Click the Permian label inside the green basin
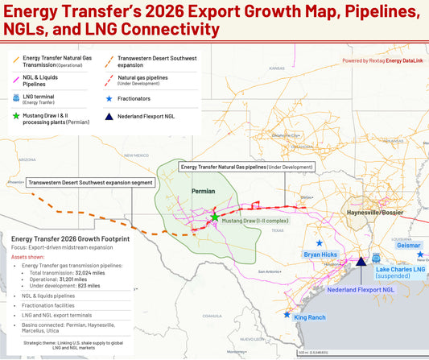click(204, 192)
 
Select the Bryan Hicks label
click(320, 254)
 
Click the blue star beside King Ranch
click(287, 314)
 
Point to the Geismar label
click(408, 245)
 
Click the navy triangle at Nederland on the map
click(361, 262)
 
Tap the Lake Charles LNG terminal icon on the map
click(376, 259)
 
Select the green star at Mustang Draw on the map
click(215, 217)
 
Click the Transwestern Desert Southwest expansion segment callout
click(90, 183)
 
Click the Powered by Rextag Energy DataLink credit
click(381, 60)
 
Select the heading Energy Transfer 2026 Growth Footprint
click(71, 239)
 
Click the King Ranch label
click(310, 317)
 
